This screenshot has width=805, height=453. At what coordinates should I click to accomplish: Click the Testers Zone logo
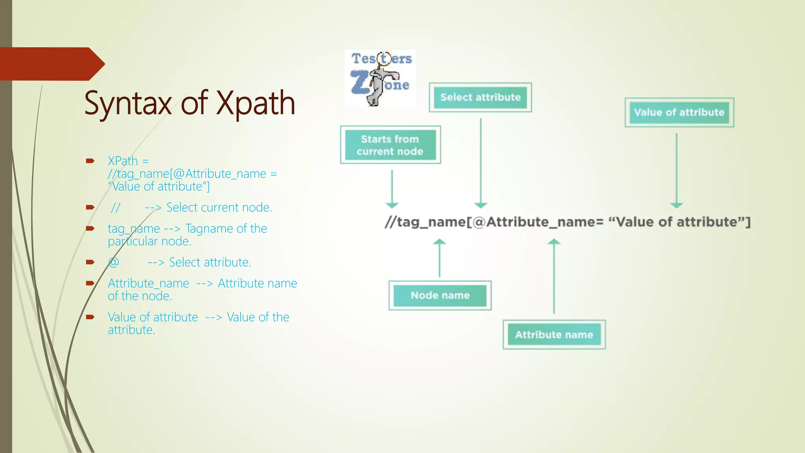(380, 78)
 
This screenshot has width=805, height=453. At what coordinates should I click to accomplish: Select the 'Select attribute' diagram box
(480, 98)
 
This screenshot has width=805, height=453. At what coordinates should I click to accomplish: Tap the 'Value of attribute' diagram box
(679, 112)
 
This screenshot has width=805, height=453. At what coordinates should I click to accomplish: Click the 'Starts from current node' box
(390, 145)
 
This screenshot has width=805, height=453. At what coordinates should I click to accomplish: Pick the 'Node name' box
(440, 295)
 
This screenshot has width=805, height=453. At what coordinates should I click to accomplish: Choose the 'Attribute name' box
(554, 335)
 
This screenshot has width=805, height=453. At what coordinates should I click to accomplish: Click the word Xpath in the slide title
(256, 103)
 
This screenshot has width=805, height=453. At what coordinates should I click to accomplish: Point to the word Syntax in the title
(128, 103)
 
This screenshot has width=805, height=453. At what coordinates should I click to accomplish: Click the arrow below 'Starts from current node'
(392, 189)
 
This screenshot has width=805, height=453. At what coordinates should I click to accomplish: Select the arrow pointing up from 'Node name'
(439, 258)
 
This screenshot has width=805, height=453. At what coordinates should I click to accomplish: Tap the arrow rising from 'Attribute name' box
(554, 275)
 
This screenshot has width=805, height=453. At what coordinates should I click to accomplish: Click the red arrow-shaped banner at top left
(51, 64)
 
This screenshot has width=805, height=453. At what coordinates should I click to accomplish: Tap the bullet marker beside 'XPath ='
(90, 161)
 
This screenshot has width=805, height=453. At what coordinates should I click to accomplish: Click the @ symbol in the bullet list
(114, 262)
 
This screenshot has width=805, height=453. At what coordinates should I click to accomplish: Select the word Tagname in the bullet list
(204, 228)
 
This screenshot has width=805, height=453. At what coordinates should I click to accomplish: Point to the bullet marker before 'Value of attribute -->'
(90, 317)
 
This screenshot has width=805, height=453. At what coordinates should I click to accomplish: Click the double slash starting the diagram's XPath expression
(390, 222)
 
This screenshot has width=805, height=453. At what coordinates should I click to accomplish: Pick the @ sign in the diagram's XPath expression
(479, 222)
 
